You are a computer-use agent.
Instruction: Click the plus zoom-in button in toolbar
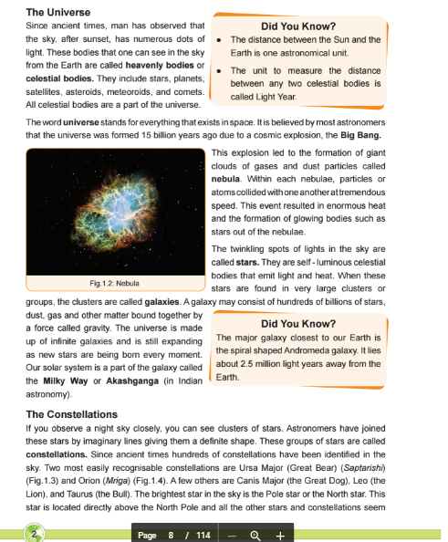click(280, 535)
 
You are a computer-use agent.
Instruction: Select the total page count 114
click(202, 535)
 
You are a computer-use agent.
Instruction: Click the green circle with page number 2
click(35, 535)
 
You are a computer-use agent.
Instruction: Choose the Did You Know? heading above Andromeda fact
click(297, 322)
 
